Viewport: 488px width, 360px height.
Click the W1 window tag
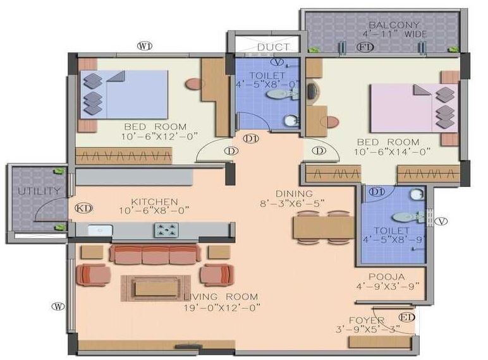[145, 45]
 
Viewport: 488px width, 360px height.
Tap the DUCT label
[274, 47]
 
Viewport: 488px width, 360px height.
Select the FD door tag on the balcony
[366, 47]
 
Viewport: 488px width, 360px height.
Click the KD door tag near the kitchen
[83, 208]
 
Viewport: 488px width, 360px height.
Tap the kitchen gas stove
[167, 231]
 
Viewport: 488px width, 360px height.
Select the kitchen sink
[100, 231]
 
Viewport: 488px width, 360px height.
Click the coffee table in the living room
[152, 288]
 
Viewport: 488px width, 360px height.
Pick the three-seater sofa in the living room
[155, 254]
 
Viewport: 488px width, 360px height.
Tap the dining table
[324, 227]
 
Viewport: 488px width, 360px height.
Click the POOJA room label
[387, 277]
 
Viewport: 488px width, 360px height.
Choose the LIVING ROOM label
[221, 297]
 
